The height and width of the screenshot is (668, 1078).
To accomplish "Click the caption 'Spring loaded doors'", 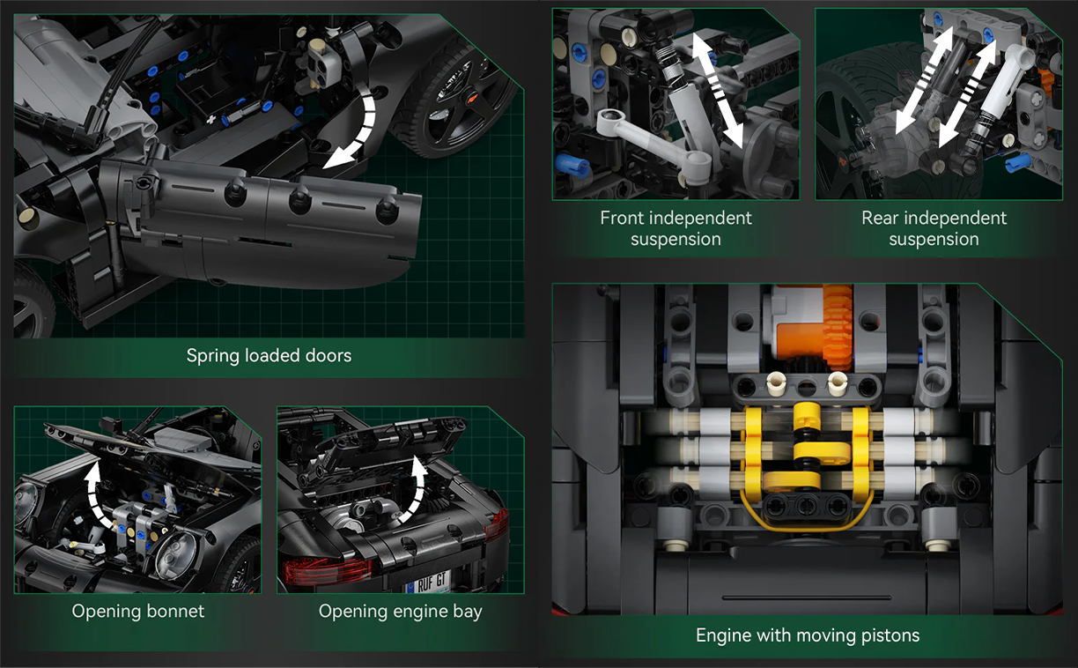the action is click(x=269, y=355).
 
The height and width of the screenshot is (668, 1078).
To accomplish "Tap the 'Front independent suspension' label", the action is click(x=676, y=228).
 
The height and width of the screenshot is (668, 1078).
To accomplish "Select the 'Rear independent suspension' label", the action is click(x=934, y=228).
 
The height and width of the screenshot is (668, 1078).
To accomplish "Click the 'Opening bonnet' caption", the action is click(x=138, y=612).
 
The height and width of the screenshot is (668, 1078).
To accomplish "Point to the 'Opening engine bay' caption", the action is click(x=401, y=612).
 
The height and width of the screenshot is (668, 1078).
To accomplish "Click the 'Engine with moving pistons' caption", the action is click(x=808, y=635).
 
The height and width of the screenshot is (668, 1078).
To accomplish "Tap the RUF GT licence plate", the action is click(x=428, y=583).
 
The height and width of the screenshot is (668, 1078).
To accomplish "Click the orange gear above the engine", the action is click(x=838, y=328).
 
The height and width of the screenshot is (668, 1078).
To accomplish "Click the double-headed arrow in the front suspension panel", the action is click(x=718, y=90).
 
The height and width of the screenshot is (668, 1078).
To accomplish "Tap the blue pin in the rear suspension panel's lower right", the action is click(x=1018, y=162).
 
